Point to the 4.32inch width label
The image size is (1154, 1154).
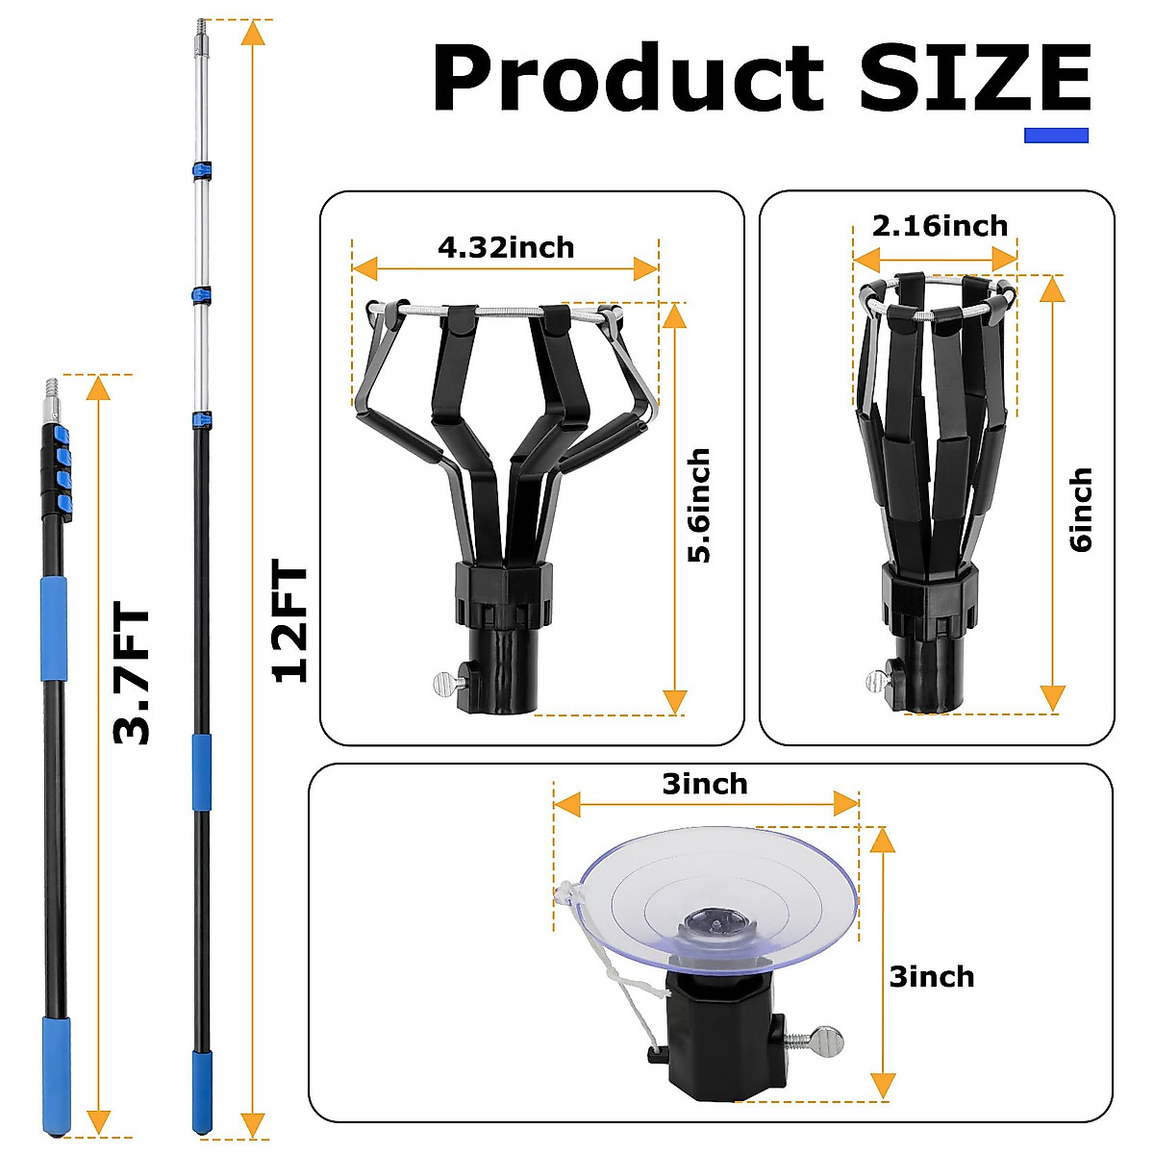click(506, 247)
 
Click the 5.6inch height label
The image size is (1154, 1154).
click(698, 506)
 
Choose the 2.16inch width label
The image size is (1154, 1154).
click(940, 226)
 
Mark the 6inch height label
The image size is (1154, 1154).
click(1081, 510)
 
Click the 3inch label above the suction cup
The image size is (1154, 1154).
click(705, 784)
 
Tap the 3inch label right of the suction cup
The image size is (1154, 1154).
click(931, 977)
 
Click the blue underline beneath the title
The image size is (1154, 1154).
click(1055, 136)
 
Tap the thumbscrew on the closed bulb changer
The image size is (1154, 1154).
click(879, 681)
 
